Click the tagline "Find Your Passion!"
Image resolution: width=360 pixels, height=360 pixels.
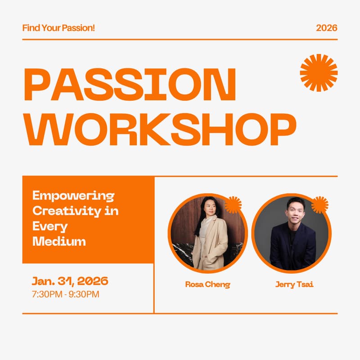(58, 28)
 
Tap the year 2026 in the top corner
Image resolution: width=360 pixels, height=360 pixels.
(327, 28)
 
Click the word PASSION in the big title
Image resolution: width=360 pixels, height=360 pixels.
(130, 84)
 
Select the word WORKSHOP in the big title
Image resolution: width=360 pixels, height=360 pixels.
(160, 130)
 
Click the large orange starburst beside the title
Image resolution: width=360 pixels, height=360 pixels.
(319, 73)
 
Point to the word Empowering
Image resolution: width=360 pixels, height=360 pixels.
(73, 196)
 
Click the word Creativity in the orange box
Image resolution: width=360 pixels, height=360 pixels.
(67, 211)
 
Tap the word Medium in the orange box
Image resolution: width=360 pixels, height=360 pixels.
(59, 241)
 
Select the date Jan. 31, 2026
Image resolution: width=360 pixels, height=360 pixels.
(70, 281)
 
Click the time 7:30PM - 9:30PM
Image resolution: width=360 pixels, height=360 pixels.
(66, 294)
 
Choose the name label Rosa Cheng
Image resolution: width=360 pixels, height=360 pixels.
(207, 284)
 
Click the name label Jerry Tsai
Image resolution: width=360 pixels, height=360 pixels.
(294, 284)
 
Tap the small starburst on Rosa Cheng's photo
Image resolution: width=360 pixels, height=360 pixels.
(233, 205)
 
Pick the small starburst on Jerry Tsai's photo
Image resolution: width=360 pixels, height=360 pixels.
(319, 205)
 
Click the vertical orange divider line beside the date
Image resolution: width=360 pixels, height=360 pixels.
(154, 288)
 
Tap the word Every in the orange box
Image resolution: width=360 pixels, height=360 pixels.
(50, 226)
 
